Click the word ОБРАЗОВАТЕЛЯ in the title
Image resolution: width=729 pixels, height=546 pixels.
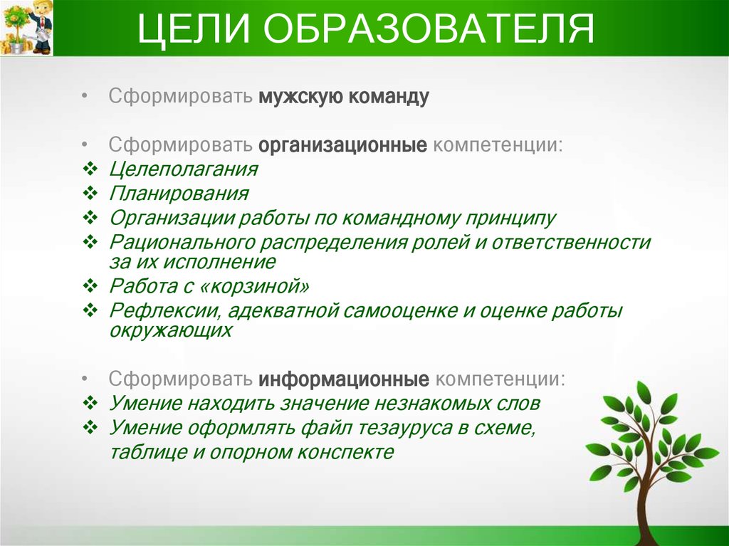tap(427, 30)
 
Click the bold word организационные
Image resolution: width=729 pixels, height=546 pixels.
tap(342, 145)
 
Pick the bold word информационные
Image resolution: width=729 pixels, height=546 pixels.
tap(343, 378)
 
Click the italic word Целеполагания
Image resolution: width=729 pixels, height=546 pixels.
tap(183, 170)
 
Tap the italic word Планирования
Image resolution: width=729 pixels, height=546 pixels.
tap(179, 194)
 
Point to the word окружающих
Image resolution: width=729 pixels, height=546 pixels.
tap(171, 331)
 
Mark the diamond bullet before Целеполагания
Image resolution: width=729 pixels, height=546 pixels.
tap(90, 170)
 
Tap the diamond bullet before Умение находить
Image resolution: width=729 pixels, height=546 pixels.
tap(90, 404)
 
